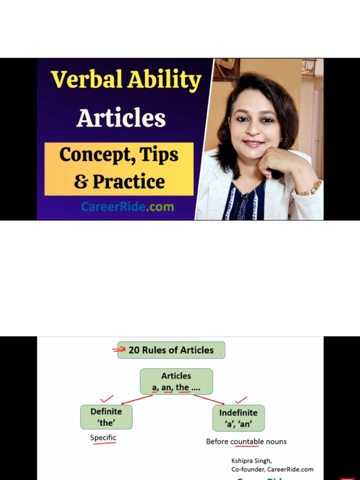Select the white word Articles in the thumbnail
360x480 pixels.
click(x=121, y=118)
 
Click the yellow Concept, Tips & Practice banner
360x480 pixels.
click(x=119, y=169)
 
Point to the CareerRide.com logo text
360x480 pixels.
click(x=127, y=206)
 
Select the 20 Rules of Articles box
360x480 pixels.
click(x=171, y=350)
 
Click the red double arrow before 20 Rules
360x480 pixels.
click(x=120, y=349)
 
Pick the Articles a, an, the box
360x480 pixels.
click(x=176, y=382)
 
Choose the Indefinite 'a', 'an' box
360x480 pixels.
click(x=238, y=418)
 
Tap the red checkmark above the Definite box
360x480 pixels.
click(x=107, y=399)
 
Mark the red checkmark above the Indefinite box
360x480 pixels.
click(x=241, y=400)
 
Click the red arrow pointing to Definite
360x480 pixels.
click(x=136, y=400)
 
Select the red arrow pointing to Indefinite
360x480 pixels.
click(x=210, y=400)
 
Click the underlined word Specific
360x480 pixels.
click(x=103, y=438)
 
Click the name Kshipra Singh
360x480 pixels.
click(x=251, y=461)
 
